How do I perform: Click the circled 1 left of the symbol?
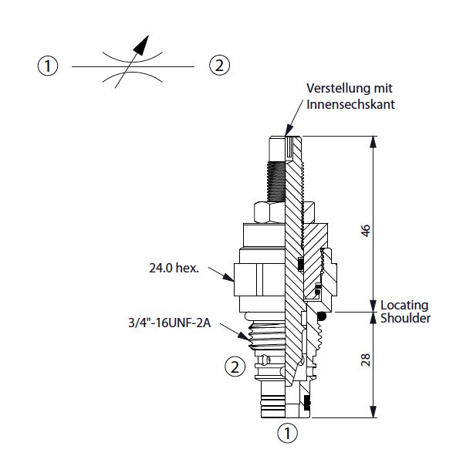(x=49, y=66)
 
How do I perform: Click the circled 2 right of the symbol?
(x=220, y=66)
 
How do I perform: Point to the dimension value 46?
(x=367, y=230)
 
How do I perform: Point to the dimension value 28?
(x=367, y=360)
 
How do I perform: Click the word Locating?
(x=406, y=305)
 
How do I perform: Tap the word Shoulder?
(x=404, y=318)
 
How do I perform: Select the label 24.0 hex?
(x=174, y=269)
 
